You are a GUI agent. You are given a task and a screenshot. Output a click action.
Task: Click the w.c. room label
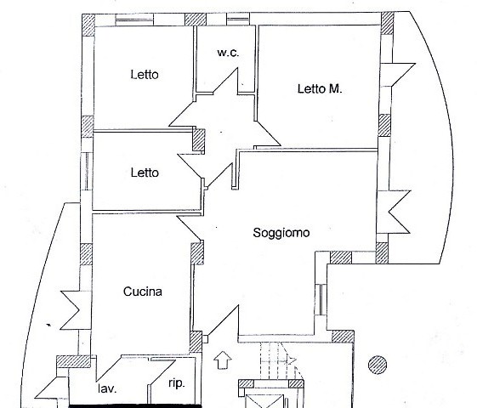coord(228,53)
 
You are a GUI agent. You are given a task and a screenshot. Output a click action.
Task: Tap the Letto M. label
coord(320,89)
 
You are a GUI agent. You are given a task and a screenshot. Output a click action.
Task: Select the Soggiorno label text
coord(281,233)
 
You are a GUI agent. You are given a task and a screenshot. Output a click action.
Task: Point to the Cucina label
coord(143,292)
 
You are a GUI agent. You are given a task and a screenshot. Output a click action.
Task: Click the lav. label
coord(107,388)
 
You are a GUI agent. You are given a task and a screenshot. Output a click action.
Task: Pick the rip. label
coord(177,383)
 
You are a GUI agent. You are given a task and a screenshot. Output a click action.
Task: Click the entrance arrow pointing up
coord(223,360)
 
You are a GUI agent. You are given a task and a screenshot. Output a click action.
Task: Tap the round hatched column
coord(378,365)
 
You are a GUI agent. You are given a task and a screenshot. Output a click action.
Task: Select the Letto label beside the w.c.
coord(145,75)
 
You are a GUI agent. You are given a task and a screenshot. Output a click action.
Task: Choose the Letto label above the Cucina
coord(145,173)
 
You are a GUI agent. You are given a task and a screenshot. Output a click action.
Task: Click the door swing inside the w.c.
coord(225,82)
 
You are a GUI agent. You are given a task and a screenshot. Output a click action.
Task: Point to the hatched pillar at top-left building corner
coord(88,25)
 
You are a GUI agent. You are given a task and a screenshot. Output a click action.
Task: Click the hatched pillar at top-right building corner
coord(387,23)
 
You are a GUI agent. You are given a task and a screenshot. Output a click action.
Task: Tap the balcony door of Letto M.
coord(398,75)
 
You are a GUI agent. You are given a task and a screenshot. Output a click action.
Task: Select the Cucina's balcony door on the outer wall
coord(76,310)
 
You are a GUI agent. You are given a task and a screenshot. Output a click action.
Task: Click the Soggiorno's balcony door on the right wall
coord(394,212)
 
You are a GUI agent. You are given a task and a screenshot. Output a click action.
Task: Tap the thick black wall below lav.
coord(135,405)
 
